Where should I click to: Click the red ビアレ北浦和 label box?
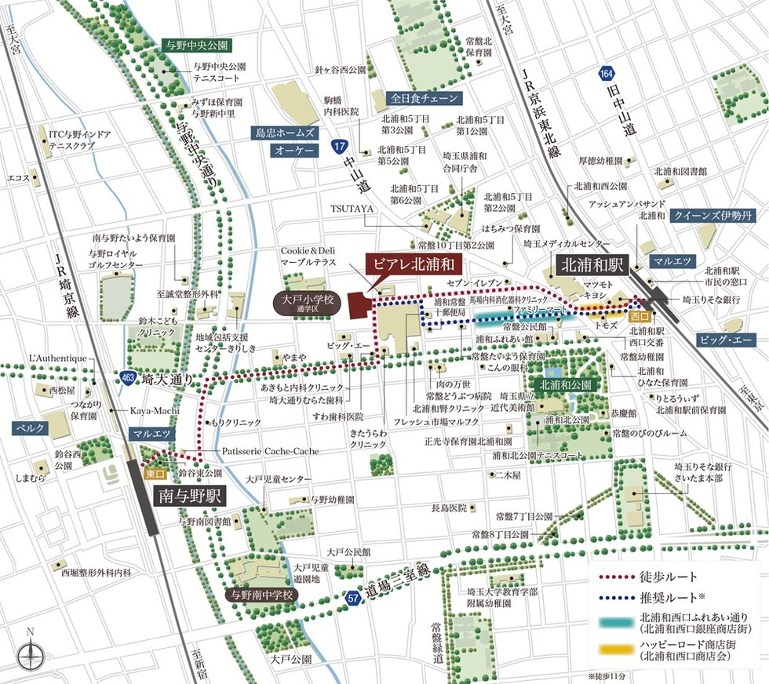[414, 263]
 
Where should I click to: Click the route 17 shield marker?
[338, 146]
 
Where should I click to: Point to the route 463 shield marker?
[128, 377]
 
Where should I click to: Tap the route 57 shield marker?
[354, 598]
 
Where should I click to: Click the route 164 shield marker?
[604, 73]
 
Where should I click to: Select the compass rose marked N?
[31, 653]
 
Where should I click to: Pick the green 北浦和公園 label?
[566, 385]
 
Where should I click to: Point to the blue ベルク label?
[30, 428]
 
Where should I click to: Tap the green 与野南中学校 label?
[259, 595]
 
